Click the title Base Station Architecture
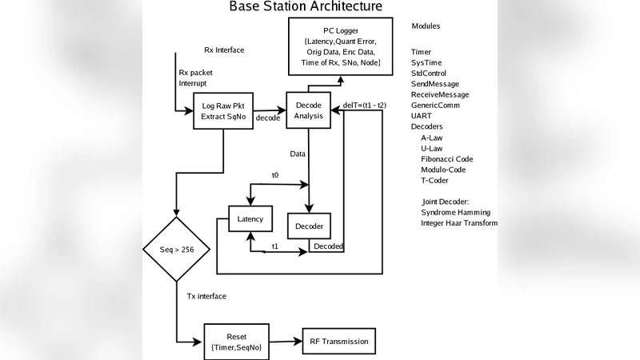(306, 7)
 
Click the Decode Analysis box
(309, 110)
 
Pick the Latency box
(250, 218)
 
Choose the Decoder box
(309, 227)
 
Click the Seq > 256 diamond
(176, 249)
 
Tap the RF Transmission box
(338, 342)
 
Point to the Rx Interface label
(224, 50)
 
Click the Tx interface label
(206, 296)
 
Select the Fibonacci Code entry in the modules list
(446, 159)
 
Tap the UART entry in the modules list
(421, 116)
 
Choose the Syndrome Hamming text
(455, 213)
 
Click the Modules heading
(426, 26)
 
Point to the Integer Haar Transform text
(458, 223)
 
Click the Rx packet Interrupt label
(196, 78)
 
